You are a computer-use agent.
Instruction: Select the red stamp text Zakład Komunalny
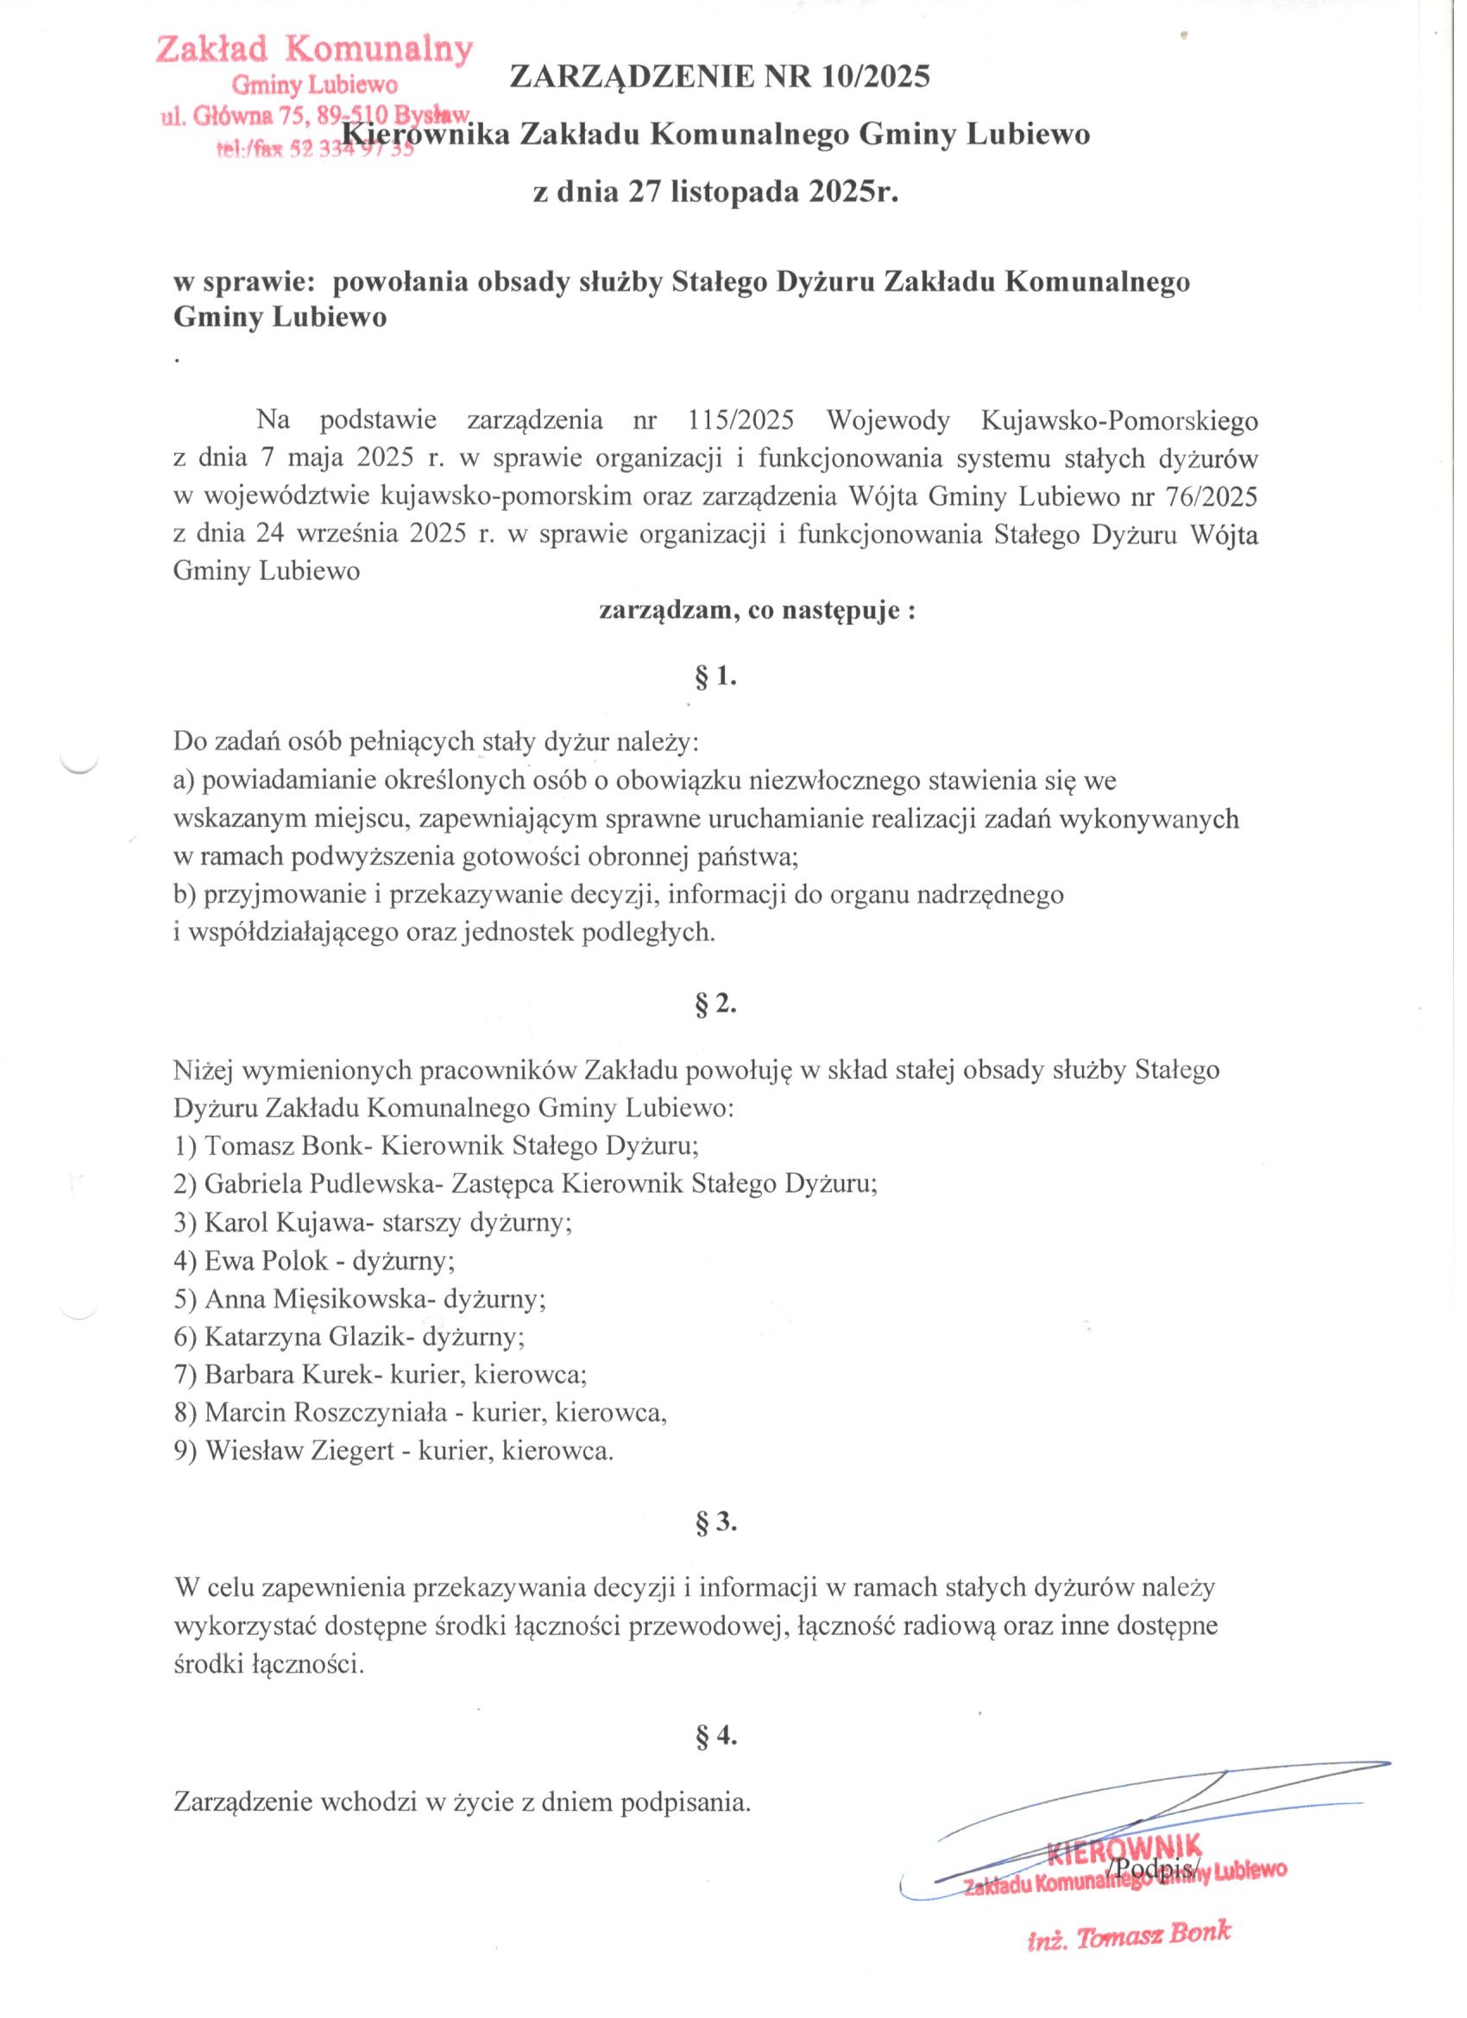314,50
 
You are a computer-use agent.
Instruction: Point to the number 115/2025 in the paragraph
740,419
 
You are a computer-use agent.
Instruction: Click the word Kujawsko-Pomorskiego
1118,419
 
